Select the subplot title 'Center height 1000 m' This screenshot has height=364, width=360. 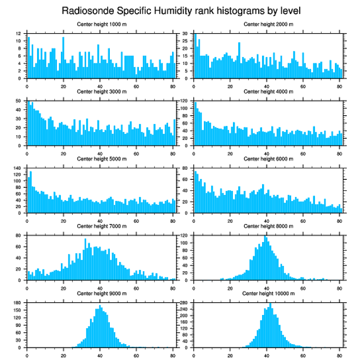click(x=101, y=24)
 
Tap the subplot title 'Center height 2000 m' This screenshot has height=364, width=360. click(x=268, y=24)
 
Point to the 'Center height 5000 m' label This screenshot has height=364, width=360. click(x=101, y=159)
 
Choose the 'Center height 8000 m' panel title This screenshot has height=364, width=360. click(x=268, y=226)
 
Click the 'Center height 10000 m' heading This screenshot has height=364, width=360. click(x=268, y=293)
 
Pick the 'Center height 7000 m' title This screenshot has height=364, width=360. click(x=101, y=226)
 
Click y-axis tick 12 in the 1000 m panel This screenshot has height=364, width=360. click(x=18, y=34)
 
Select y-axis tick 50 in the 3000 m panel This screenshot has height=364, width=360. click(x=18, y=101)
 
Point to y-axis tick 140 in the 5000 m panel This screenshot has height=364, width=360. click(x=17, y=168)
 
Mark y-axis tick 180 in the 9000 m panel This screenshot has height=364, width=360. click(x=17, y=303)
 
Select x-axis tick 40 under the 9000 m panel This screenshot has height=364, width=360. click(x=100, y=354)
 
